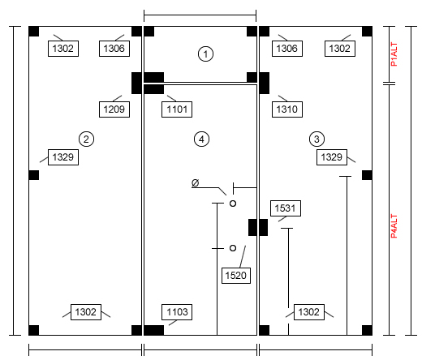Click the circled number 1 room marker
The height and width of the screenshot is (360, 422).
205,54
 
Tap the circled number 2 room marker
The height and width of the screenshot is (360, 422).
86,139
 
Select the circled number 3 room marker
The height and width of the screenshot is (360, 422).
316,139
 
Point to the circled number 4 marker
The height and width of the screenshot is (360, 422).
201,139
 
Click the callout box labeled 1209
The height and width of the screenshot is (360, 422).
114,109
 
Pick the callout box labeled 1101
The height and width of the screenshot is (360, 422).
177,109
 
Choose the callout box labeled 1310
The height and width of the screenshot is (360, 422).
287,109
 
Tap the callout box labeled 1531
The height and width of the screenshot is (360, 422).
286,208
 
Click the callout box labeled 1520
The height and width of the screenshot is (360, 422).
236,276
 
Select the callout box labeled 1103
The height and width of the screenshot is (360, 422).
177,312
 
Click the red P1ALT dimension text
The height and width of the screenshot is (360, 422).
394,54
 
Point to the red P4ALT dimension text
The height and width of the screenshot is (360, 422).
394,226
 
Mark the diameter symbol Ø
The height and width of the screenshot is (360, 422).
195,182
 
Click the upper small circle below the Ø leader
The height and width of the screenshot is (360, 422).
233,204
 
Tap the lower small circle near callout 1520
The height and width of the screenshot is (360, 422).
233,248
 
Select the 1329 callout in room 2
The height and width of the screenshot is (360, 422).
63,157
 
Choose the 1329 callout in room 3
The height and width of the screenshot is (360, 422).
332,157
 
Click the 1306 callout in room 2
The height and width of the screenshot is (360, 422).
114,49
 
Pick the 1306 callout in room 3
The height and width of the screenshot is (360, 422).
287,49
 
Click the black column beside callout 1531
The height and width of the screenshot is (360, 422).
258,227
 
